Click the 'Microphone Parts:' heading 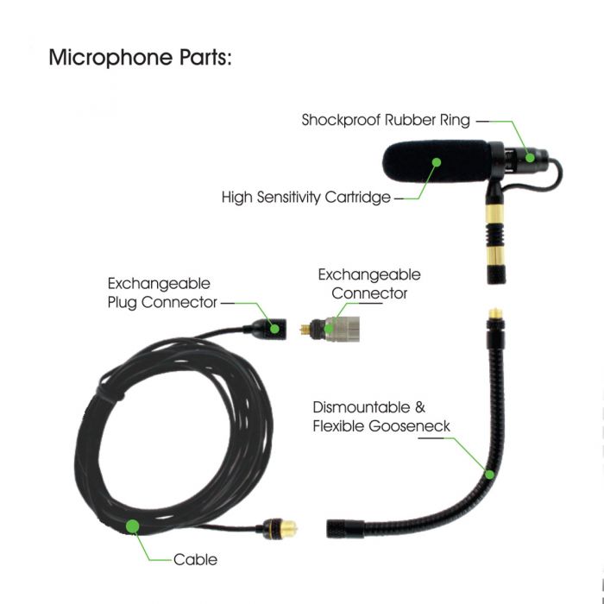coord(142,58)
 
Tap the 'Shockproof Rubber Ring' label coord(386,121)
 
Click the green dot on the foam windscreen coord(437,161)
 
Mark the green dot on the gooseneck coord(488,473)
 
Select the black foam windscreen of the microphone coord(431,165)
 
